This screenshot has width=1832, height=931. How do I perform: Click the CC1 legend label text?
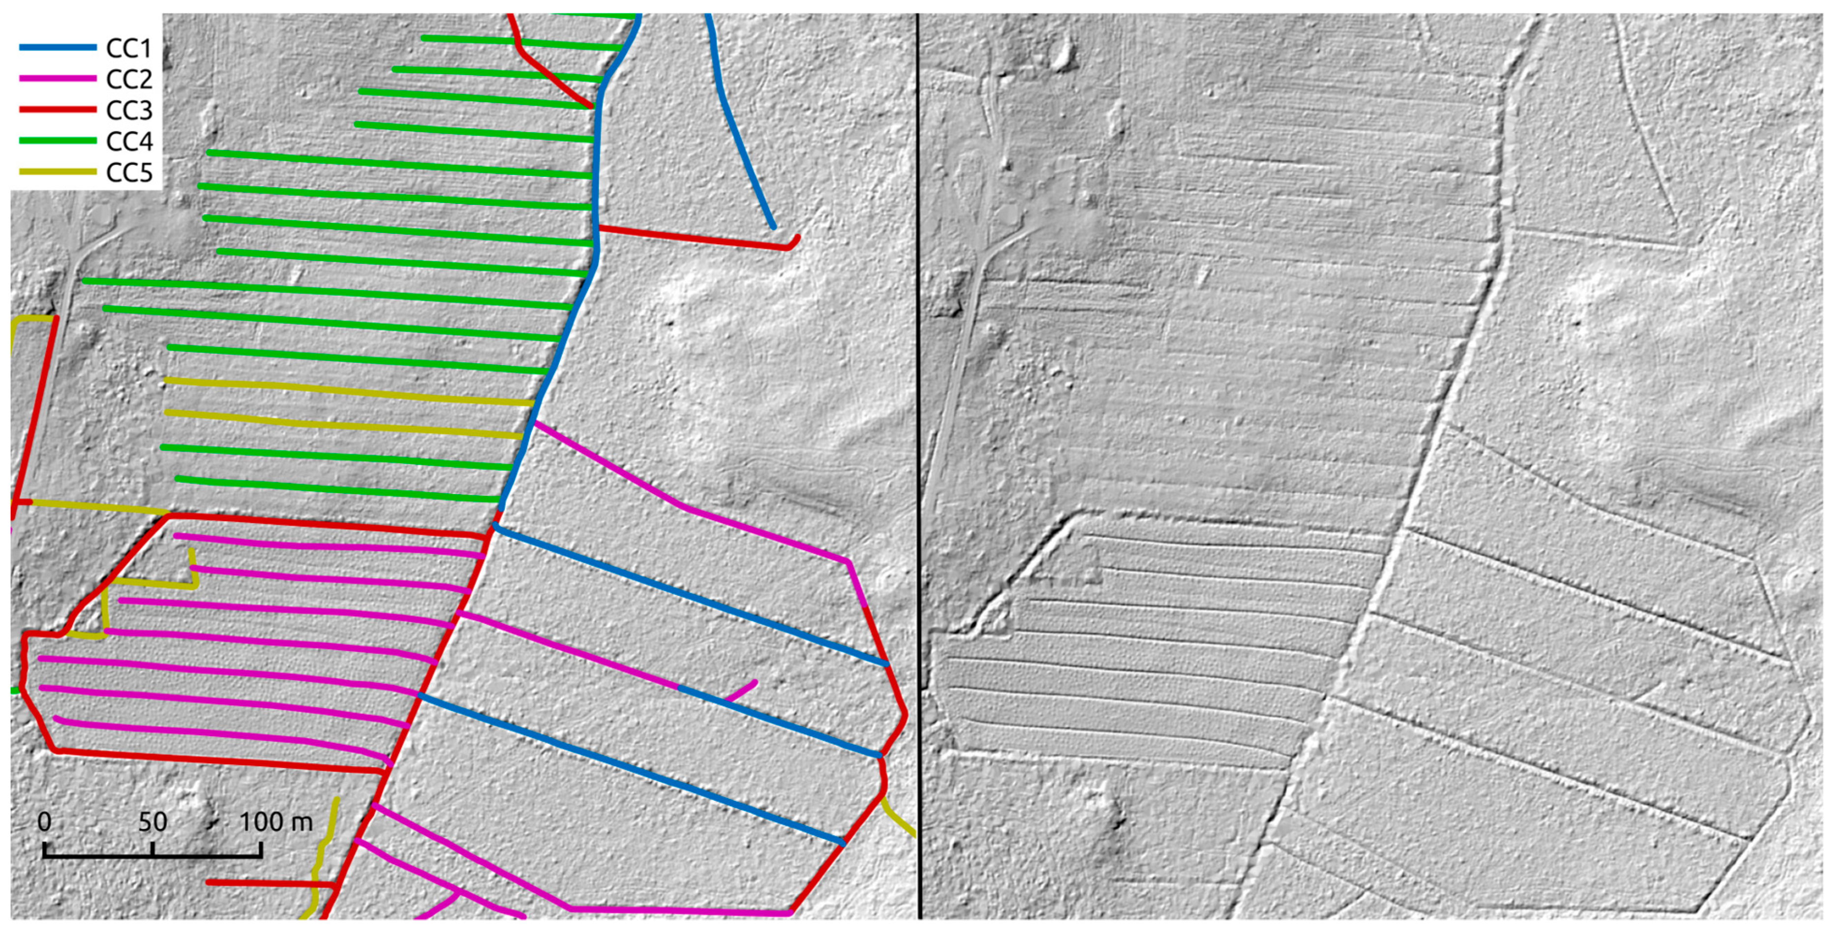coord(129,48)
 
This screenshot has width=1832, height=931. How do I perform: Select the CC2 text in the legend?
coord(129,79)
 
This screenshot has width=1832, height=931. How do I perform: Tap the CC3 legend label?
coord(129,110)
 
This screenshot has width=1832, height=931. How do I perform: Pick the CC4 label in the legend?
coord(129,142)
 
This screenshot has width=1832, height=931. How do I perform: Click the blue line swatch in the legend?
coord(57,48)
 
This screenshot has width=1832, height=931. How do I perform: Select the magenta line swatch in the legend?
coord(57,78)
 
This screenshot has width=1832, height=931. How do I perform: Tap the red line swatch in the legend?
coord(57,110)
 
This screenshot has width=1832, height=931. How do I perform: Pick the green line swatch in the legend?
coord(57,141)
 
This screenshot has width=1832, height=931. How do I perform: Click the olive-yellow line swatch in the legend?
coord(57,172)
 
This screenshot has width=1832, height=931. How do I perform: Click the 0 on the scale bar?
coord(44,822)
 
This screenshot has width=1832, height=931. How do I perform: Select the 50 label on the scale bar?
coord(152,822)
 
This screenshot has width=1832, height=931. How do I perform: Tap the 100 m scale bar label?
coord(275,822)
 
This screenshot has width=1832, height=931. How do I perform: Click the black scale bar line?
coord(152,855)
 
